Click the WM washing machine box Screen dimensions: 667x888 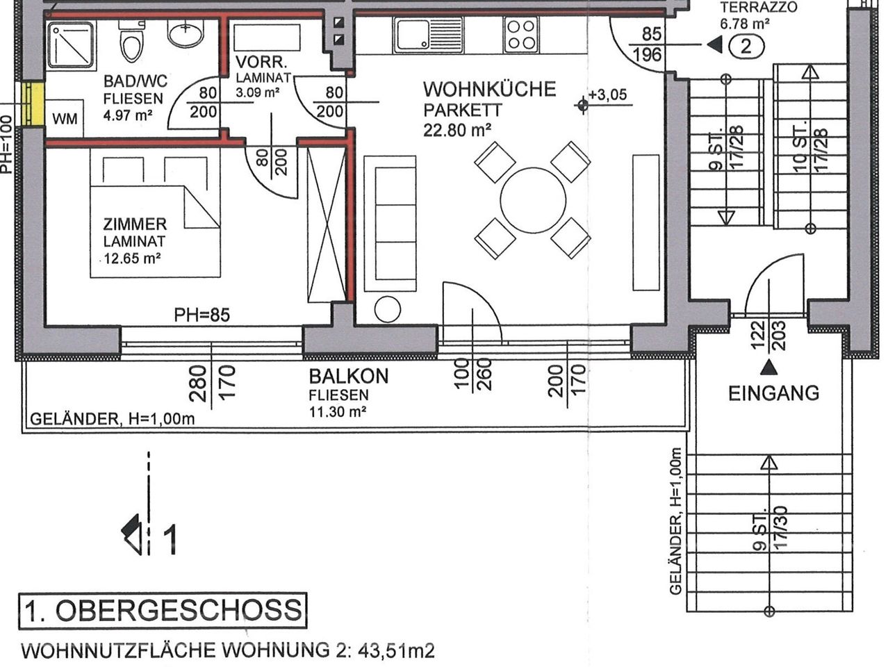pos(65,119)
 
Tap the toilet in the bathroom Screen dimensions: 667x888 pos(131,43)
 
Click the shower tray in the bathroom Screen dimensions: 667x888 pos(70,45)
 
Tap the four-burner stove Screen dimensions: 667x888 pos(521,35)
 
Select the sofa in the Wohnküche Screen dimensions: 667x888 pos(390,223)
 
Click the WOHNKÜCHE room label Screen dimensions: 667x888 pos(490,90)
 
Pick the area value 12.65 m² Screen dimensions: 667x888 pos(132,259)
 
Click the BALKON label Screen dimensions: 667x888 pos(349,377)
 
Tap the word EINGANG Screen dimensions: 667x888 pos(773,393)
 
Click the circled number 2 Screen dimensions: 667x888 pos(746,47)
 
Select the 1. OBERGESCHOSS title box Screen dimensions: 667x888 pos(163,611)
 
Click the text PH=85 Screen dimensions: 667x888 pos(202,315)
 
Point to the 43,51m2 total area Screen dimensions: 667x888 pos(396,651)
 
